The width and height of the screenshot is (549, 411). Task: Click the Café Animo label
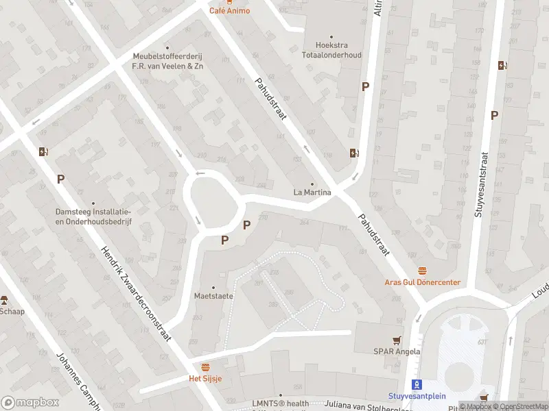point(229,11)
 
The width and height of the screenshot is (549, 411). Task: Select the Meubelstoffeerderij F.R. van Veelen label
point(168,62)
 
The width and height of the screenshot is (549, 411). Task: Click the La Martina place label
point(312,192)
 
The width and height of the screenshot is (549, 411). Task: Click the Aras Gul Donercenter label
point(421,282)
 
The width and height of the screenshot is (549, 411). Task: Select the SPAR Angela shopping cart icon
point(397,340)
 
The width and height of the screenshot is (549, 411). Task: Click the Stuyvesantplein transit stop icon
point(414,384)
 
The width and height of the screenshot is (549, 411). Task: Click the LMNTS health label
point(281,403)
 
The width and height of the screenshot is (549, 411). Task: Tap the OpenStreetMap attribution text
point(522,406)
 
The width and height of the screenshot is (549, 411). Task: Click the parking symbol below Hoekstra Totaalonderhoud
point(366,87)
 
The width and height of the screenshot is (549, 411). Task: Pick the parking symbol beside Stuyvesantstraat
point(494,115)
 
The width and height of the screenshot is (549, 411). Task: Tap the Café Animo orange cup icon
point(229,2)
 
